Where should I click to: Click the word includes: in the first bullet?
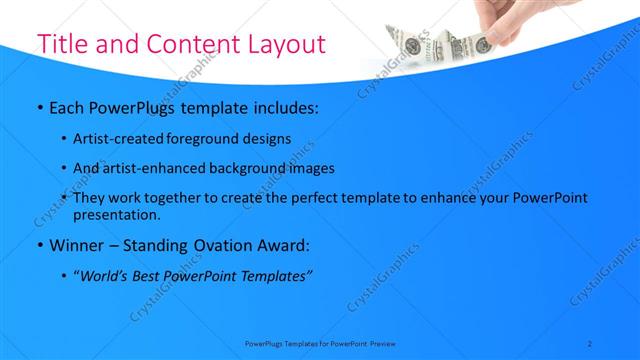(283, 106)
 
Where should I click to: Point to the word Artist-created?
(119, 138)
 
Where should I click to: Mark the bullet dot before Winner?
(39, 246)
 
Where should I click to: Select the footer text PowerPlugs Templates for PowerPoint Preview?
(320, 343)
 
